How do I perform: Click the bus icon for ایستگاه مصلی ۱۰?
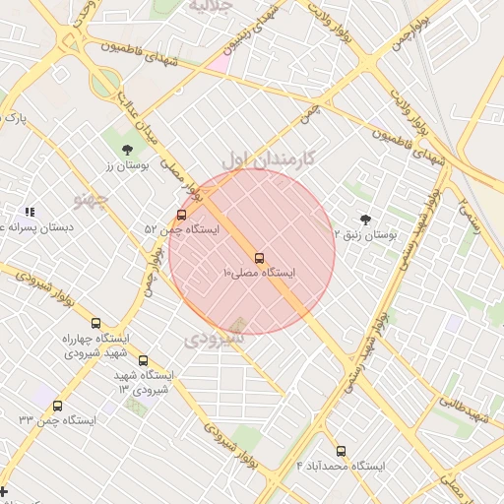[x=260, y=259]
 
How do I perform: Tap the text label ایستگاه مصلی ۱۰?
[x=260, y=273]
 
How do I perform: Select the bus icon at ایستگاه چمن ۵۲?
[x=181, y=216]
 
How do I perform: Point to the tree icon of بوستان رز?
[x=127, y=150]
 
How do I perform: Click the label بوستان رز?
[x=127, y=166]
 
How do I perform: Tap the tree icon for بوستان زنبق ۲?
[x=366, y=220]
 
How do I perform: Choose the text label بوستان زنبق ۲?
[x=366, y=235]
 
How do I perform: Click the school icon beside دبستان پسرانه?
[x=30, y=212]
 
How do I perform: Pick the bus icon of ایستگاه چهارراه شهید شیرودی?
[x=95, y=323]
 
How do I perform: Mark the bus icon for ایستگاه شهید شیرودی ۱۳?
[x=144, y=361]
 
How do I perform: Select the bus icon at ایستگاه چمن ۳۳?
[x=57, y=406]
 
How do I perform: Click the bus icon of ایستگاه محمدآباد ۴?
[x=341, y=451]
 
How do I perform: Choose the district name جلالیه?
[x=209, y=6]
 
